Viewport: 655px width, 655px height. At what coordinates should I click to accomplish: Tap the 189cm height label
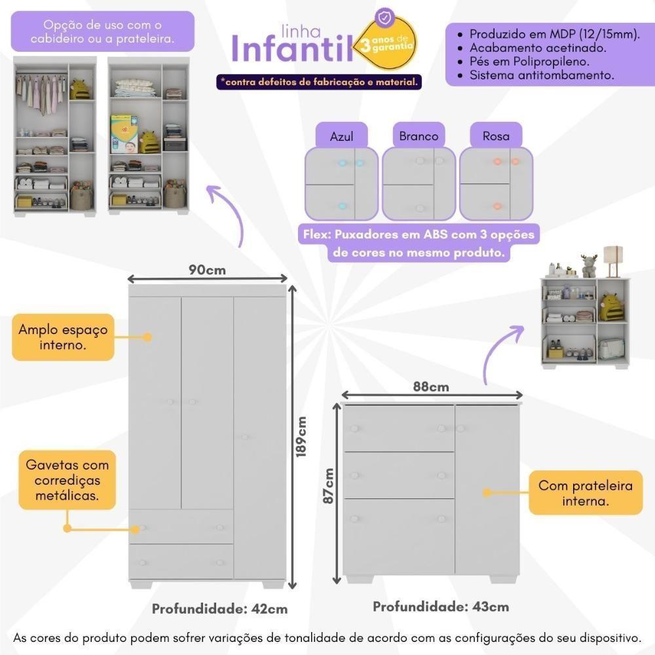coord(301,438)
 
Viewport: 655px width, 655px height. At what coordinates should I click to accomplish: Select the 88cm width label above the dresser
coord(430,386)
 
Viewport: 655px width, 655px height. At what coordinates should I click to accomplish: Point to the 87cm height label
coord(329,486)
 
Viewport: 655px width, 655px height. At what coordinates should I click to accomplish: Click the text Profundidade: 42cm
coord(219,608)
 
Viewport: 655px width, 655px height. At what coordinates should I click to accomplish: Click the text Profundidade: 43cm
coord(441,607)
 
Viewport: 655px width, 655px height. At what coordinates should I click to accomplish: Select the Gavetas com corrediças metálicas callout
coord(67,480)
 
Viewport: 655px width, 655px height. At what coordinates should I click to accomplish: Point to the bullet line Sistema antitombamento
coord(541,75)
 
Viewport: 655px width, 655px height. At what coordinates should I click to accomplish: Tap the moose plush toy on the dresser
coord(589,265)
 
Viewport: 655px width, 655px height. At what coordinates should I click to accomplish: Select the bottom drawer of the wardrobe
coord(181,561)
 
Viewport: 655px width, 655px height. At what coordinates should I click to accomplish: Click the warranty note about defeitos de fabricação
coord(319,82)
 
